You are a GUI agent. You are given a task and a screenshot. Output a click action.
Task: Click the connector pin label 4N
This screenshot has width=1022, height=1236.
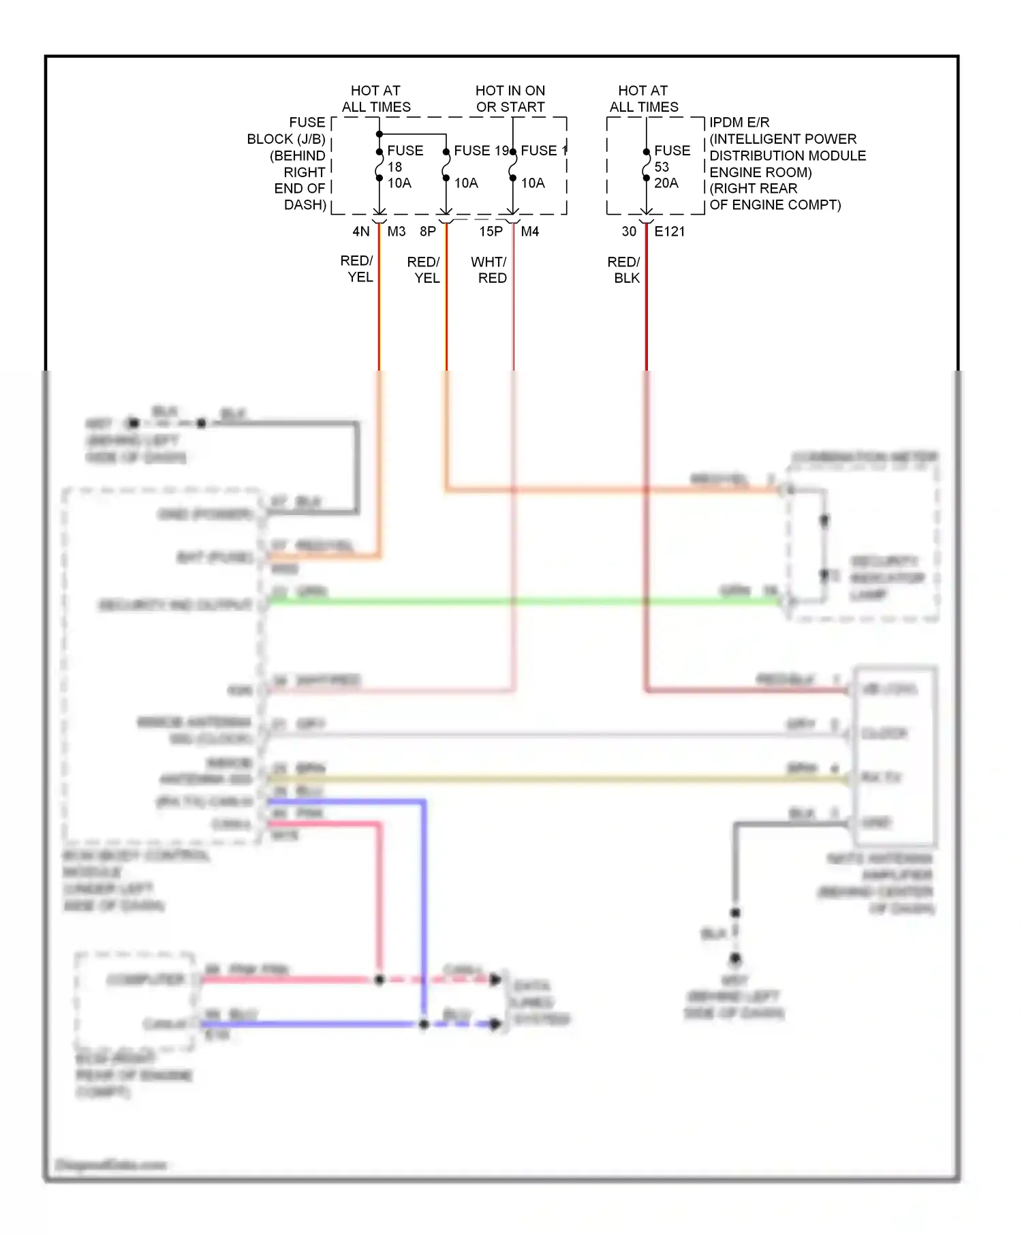tap(360, 232)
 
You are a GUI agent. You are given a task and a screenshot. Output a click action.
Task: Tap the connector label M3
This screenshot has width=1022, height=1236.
tap(397, 232)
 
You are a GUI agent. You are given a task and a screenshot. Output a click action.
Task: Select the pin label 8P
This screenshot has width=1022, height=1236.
tap(428, 232)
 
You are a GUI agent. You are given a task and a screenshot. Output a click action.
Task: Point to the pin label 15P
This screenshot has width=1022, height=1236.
tap(491, 232)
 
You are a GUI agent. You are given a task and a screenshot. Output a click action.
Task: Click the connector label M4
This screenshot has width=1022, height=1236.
tap(530, 232)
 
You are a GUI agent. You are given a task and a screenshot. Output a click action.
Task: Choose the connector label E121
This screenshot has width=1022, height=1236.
tap(670, 232)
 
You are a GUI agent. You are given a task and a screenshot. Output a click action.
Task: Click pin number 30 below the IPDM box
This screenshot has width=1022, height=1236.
tap(629, 232)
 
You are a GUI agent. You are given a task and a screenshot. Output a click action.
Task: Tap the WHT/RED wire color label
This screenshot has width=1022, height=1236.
tap(489, 270)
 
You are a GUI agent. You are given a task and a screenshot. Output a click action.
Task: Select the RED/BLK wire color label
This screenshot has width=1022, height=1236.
tap(624, 270)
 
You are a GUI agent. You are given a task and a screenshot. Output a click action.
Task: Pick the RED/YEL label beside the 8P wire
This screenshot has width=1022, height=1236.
tap(424, 270)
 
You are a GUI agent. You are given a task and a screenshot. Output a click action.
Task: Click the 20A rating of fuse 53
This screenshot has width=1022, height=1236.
tap(666, 183)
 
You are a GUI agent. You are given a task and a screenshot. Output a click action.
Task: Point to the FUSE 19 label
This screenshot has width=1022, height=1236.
tap(481, 151)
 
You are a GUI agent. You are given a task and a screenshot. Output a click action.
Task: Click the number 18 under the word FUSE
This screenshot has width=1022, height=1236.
tap(395, 167)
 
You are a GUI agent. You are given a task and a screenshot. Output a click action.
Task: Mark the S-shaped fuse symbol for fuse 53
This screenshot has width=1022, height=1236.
tap(647, 166)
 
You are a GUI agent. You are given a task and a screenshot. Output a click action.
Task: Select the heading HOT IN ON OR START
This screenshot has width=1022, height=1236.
tap(510, 99)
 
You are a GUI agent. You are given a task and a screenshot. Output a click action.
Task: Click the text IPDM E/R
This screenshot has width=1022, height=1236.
tap(739, 123)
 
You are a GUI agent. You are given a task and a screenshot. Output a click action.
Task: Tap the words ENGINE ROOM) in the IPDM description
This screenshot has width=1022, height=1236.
tap(760, 172)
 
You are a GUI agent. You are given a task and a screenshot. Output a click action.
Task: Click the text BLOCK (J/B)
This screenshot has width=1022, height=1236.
tap(286, 139)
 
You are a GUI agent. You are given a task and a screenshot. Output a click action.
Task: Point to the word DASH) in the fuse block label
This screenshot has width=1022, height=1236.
tap(305, 205)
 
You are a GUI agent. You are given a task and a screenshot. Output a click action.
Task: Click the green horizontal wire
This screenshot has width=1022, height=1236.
tap(525, 602)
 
